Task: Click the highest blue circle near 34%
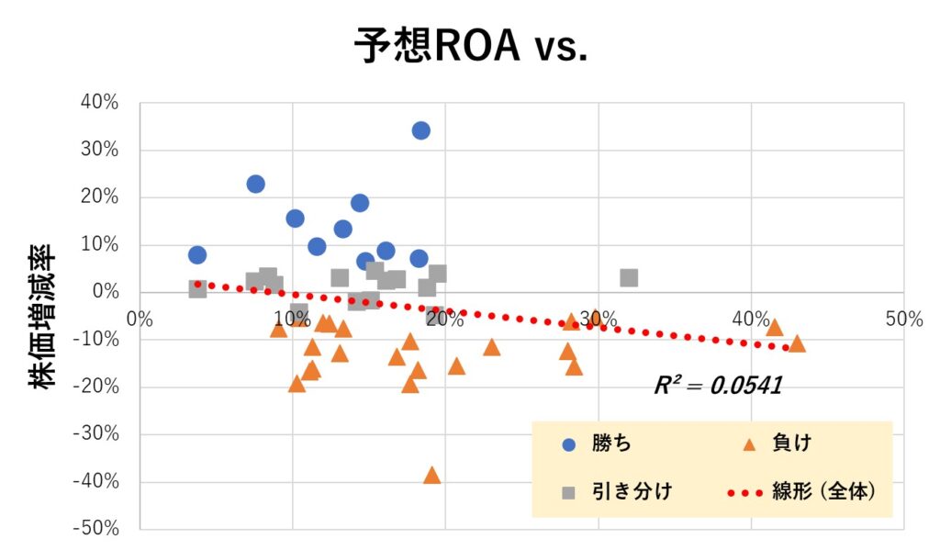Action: click(420, 130)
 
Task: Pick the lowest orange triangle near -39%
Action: click(431, 476)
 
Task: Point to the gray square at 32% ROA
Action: click(629, 277)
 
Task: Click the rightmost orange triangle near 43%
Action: click(797, 344)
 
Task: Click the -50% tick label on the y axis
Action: click(98, 529)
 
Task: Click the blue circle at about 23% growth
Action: click(255, 184)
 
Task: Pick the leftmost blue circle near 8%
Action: click(197, 254)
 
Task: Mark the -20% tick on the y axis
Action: click(98, 387)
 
